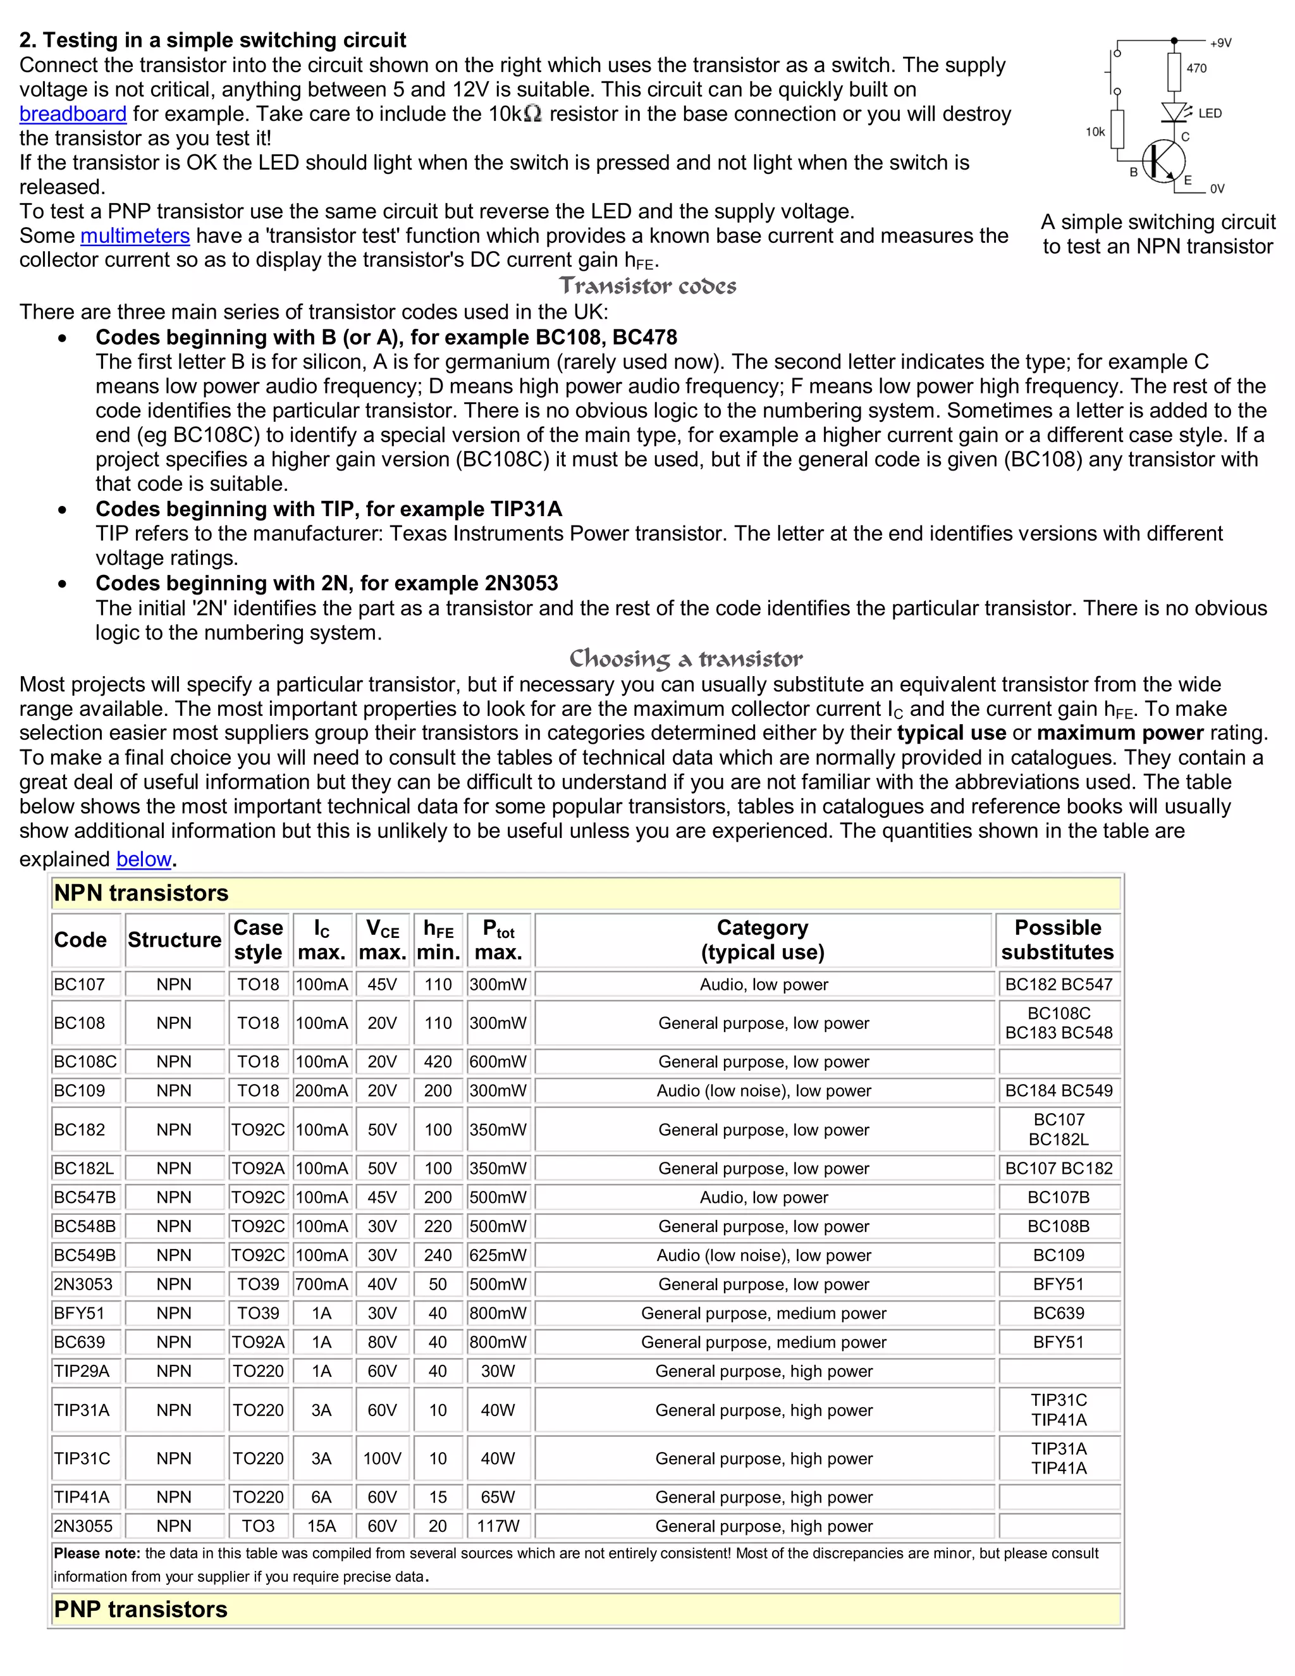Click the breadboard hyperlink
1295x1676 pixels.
72,114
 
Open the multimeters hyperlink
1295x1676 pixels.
135,236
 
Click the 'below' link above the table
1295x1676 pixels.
144,859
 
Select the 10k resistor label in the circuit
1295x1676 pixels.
1095,132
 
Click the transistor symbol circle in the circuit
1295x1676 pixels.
1163,162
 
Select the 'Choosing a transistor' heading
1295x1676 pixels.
686,658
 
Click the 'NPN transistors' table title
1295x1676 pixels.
141,893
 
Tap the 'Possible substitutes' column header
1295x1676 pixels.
1058,940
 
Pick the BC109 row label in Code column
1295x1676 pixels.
79,1090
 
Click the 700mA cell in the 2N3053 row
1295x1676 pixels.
321,1285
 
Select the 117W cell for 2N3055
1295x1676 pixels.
498,1526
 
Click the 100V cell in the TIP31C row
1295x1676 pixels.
382,1459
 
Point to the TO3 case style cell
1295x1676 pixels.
258,1526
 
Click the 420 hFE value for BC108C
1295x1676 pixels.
438,1062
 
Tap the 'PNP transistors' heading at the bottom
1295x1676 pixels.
141,1609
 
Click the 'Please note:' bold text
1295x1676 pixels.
97,1553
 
